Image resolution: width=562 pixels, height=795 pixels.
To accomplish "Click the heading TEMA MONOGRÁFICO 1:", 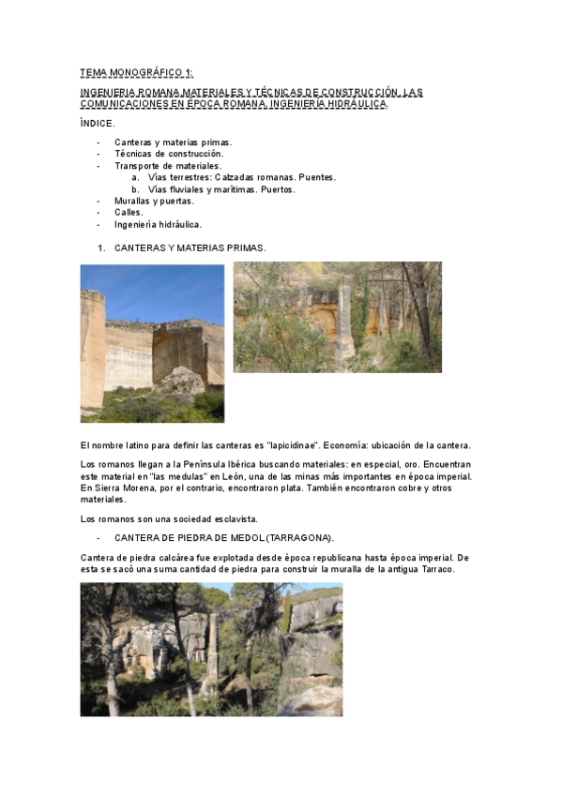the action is (x=137, y=72).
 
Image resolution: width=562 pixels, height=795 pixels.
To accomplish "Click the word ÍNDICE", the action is (x=98, y=123).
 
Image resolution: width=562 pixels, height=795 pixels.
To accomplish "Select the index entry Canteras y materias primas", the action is (x=174, y=142).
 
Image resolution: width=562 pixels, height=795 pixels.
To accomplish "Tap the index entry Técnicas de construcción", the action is (x=169, y=154).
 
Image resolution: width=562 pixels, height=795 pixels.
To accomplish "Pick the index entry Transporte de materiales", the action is (x=168, y=166).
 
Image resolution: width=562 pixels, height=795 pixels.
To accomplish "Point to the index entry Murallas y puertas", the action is (x=154, y=201).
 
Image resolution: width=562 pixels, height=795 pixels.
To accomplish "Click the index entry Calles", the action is (x=129, y=213).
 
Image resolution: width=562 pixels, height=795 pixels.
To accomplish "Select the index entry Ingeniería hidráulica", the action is (x=158, y=224).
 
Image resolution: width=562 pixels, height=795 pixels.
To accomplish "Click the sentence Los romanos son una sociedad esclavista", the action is (x=169, y=518).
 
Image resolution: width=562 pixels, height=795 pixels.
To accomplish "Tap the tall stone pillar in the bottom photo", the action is (x=213, y=647).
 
